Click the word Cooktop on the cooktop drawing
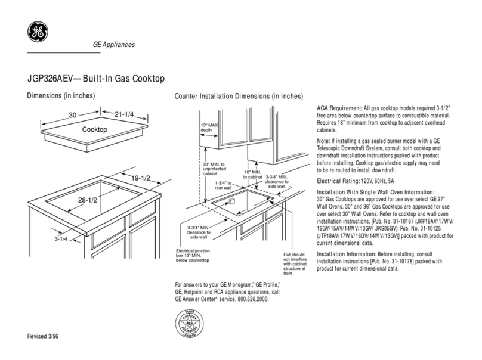click(x=94, y=129)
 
